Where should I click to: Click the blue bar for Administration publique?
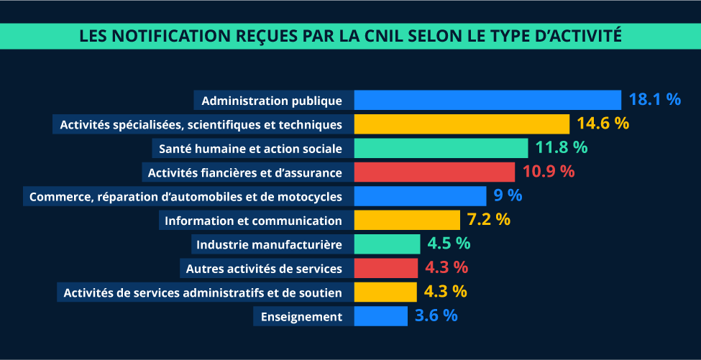point(487,100)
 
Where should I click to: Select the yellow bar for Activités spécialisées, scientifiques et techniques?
point(462,124)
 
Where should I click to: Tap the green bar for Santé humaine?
point(441,148)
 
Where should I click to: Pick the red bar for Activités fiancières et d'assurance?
point(434,172)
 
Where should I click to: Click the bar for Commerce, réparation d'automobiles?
point(420,195)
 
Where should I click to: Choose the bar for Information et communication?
point(407,220)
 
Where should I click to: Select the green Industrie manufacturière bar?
point(387,244)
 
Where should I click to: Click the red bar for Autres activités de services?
point(385,268)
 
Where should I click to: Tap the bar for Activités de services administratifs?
point(385,292)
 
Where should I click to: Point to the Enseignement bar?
point(380,316)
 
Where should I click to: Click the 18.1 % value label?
point(654,99)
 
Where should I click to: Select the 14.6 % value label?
point(603,124)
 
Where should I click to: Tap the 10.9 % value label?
point(549,172)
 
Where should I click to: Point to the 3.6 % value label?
point(436,315)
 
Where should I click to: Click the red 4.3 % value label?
point(446,267)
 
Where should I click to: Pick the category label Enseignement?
point(301,316)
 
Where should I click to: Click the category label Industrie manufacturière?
point(269,244)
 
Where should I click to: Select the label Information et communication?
point(253,220)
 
